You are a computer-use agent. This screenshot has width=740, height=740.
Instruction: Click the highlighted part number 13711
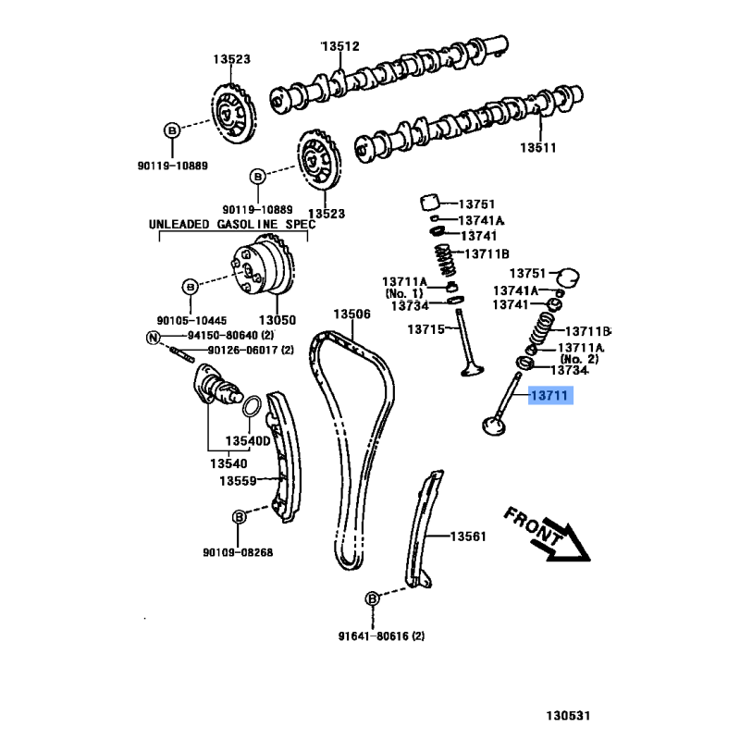tap(551, 397)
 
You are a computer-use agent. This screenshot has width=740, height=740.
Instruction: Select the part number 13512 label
tap(340, 46)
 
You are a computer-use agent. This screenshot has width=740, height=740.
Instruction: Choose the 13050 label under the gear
tap(277, 320)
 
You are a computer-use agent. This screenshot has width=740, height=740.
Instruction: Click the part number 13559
tap(238, 481)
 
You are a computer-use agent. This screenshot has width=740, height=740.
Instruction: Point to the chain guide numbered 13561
tap(420, 532)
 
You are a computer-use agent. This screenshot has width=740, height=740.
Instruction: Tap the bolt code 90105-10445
tap(190, 319)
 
